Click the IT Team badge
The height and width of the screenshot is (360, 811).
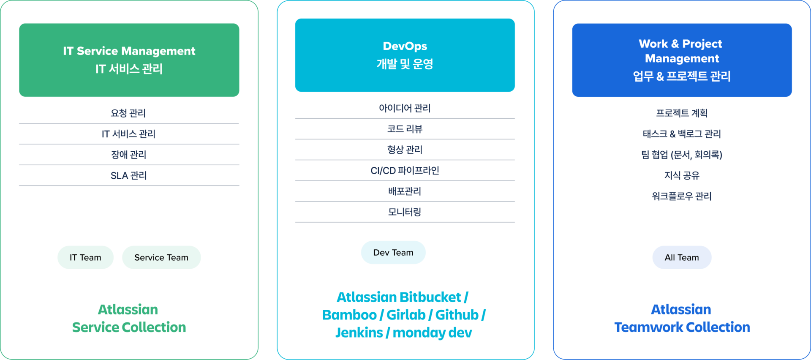pos(85,257)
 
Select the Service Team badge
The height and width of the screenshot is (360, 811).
pos(161,257)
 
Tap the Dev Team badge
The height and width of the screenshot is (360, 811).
pos(393,252)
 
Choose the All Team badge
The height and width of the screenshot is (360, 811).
pos(682,257)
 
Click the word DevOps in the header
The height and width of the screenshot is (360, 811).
pos(405,46)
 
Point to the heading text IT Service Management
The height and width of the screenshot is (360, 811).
pos(129,51)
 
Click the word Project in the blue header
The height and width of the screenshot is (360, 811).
pos(702,44)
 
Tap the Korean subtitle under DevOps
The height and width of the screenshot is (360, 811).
pos(405,64)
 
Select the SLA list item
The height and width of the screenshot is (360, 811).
pos(129,175)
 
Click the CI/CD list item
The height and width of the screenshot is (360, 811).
pos(405,171)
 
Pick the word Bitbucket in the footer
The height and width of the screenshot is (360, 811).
pos(430,297)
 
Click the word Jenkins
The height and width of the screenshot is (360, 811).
pos(359,333)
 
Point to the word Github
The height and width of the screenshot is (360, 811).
pos(457,315)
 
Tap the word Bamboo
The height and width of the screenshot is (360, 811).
pos(349,315)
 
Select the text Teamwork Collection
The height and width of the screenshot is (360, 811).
pos(682,327)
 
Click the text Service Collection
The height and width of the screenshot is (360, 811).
pos(129,327)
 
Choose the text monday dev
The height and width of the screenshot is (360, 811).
pos(432,333)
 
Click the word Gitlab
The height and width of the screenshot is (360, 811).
pos(406,315)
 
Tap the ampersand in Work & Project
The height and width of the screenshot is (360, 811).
pos(675,44)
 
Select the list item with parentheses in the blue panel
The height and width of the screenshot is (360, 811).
pos(682,155)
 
